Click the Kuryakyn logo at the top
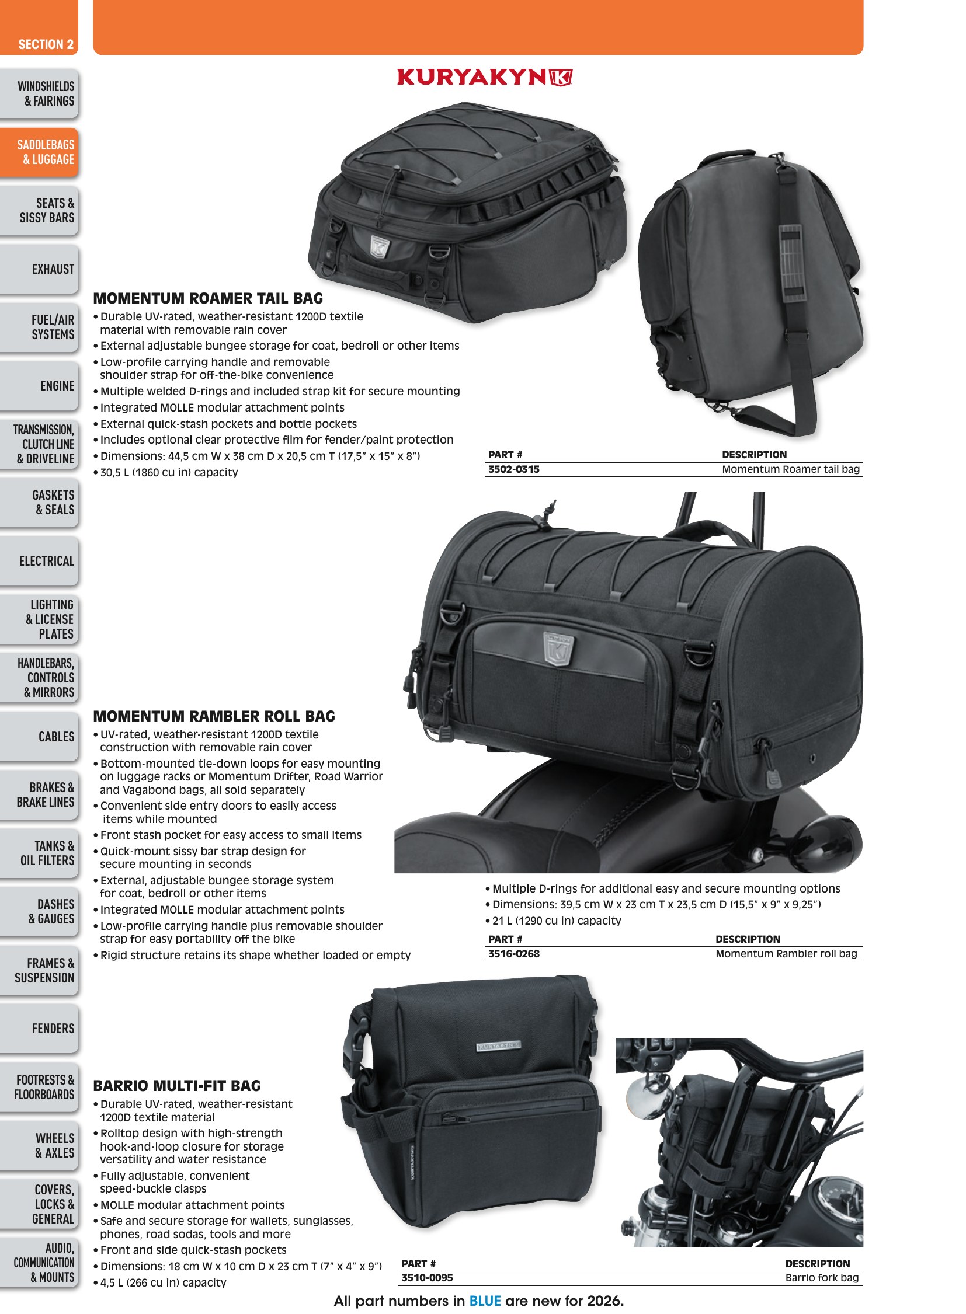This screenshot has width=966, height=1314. (x=484, y=78)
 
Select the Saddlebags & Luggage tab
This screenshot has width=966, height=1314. (x=39, y=152)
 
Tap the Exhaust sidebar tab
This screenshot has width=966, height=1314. (x=39, y=269)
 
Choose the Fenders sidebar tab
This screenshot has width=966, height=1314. (x=39, y=1028)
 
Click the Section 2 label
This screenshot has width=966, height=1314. (x=46, y=44)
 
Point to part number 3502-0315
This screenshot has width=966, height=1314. (x=513, y=469)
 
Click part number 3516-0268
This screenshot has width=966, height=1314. (x=513, y=954)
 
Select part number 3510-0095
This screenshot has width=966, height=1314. (x=427, y=1278)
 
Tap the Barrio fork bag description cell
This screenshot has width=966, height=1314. (x=822, y=1278)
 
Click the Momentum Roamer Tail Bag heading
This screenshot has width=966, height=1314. (x=208, y=298)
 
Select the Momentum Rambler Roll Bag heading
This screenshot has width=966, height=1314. (x=214, y=716)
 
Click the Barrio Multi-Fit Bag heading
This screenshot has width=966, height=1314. (x=177, y=1085)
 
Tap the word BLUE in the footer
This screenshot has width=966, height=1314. (x=485, y=1301)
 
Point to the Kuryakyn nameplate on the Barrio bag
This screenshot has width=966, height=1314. (x=498, y=1045)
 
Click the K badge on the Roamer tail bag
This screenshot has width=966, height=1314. (x=380, y=247)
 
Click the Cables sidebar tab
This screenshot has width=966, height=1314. (x=39, y=737)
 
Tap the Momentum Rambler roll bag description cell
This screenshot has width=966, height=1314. (x=787, y=954)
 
